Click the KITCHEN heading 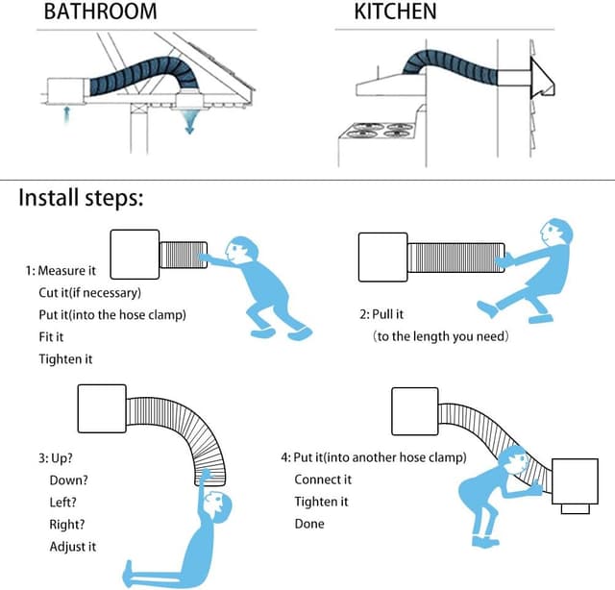click(x=395, y=13)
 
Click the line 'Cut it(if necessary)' click(x=89, y=293)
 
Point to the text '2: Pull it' click(x=381, y=314)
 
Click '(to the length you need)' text click(x=441, y=336)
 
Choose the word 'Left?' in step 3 click(x=62, y=502)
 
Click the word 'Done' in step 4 click(x=309, y=524)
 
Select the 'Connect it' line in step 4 click(x=323, y=479)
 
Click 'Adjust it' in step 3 click(x=73, y=546)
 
